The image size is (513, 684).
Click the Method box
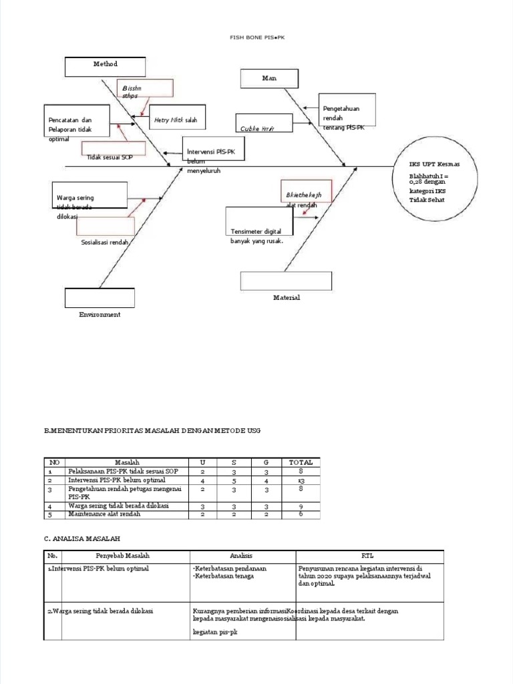(105, 66)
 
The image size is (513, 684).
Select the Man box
(269, 78)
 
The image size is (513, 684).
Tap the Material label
(286, 298)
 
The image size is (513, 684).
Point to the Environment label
(100, 315)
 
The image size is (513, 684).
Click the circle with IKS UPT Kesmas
(436, 181)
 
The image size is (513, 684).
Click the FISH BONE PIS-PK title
(257, 38)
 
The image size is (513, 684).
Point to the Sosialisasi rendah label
(104, 242)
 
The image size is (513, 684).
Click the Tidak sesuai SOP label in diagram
(110, 157)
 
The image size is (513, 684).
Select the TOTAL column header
(301, 462)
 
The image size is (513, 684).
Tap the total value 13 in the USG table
(301, 480)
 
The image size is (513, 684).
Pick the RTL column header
(368, 556)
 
